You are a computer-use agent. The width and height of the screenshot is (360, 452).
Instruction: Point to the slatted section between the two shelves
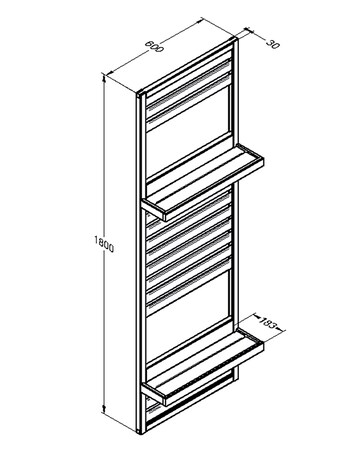(190, 250)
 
